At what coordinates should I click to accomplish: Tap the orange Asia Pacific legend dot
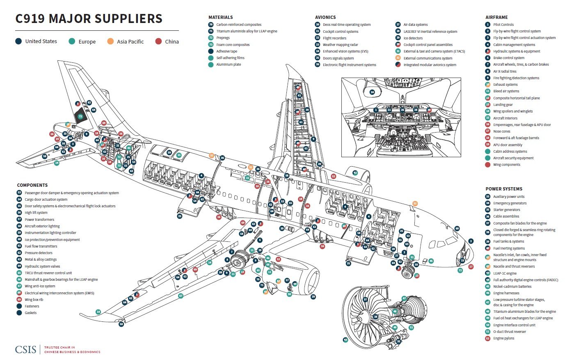[110, 41]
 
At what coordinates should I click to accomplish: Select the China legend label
[172, 41]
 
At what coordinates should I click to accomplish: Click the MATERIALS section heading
[220, 17]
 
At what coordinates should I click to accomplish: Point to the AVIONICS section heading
[325, 17]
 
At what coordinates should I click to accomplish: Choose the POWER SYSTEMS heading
[504, 189]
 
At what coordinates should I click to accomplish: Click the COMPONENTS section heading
[32, 185]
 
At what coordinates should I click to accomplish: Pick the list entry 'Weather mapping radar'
[340, 45]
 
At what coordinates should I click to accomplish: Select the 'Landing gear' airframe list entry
[503, 105]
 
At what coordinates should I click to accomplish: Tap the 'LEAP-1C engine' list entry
[505, 273]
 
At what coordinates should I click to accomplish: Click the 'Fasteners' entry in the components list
[32, 306]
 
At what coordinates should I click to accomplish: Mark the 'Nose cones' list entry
[502, 131]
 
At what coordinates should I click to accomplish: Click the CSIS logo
[25, 349]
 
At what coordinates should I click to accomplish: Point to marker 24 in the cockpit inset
[372, 92]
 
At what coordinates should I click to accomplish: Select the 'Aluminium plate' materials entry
[229, 64]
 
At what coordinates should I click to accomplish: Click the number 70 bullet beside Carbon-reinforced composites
[211, 25]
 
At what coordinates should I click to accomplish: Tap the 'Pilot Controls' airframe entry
[503, 25]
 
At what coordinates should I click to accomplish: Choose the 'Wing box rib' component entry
[34, 300]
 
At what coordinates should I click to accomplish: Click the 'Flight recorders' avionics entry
[335, 38]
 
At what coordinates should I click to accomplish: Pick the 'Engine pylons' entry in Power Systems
[503, 338]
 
